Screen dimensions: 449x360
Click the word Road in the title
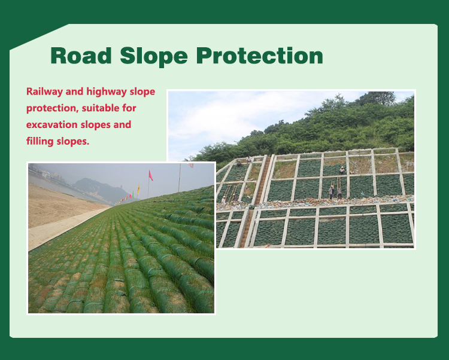point(81,56)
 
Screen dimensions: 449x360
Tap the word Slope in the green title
point(154,57)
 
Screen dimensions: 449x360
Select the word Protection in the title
point(260,56)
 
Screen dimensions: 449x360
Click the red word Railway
point(44,92)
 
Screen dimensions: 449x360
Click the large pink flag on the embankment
point(151,175)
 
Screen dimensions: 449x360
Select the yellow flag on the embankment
point(139,189)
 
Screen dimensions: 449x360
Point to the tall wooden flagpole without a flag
point(180,178)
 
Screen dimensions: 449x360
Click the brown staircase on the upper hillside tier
point(262,180)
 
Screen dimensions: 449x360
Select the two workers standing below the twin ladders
point(335,192)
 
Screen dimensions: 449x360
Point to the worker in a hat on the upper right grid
point(342,170)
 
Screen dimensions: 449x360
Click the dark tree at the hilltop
point(377,98)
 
